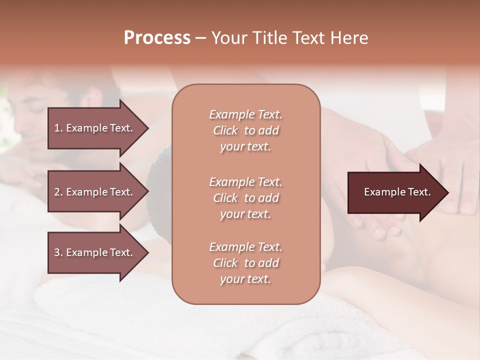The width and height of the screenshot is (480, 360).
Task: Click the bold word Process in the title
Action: (x=157, y=38)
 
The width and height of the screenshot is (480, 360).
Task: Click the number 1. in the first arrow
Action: (x=58, y=128)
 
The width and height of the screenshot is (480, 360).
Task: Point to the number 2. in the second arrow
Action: (x=58, y=192)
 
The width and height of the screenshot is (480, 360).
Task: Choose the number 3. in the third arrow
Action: (x=58, y=252)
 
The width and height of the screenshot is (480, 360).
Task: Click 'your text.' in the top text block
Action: (x=245, y=147)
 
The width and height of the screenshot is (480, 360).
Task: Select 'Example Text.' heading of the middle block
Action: (x=245, y=181)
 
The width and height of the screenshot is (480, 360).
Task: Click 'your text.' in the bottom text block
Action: (x=245, y=279)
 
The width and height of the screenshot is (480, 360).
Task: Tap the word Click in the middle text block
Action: (x=225, y=198)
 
